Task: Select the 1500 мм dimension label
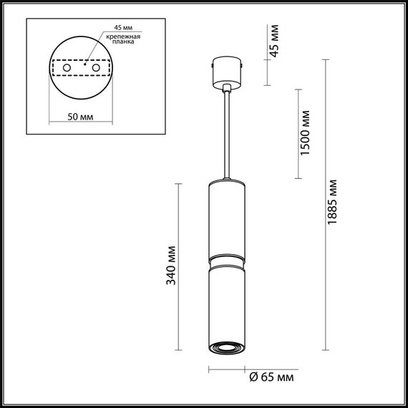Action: pos(306,134)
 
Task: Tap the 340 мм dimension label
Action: pos(171,268)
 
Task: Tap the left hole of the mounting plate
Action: pos(67,67)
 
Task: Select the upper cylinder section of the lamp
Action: pos(227,218)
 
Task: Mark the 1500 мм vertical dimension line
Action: pos(298,134)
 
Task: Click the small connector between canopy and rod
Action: pos(227,89)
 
